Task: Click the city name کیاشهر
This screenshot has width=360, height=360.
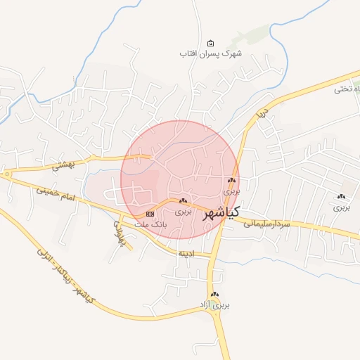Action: click(221, 212)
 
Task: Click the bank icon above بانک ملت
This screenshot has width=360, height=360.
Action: click(150, 213)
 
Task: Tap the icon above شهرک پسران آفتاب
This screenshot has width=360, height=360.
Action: click(211, 43)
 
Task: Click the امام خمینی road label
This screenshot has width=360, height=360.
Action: click(58, 194)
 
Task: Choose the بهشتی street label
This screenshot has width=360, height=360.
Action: click(63, 165)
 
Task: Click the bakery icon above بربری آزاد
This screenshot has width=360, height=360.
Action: click(214, 295)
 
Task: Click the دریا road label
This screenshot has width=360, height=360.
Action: click(262, 112)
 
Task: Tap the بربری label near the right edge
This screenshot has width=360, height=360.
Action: click(341, 207)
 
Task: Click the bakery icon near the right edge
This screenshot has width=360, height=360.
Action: click(341, 197)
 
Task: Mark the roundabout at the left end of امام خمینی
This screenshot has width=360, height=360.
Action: click(6, 173)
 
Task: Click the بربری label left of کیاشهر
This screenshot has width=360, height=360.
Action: click(183, 211)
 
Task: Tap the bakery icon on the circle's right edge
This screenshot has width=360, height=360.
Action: click(231, 181)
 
